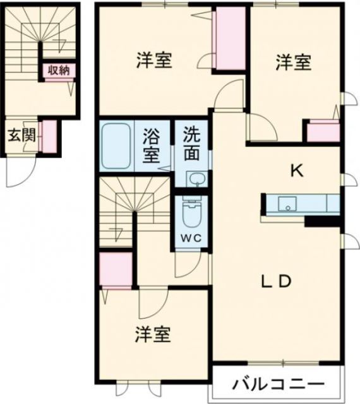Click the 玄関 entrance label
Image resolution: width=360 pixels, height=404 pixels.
(20, 135)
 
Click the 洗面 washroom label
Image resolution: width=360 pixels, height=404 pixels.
(193, 143)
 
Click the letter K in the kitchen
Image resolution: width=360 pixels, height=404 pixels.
(296, 170)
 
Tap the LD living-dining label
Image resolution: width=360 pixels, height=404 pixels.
(275, 280)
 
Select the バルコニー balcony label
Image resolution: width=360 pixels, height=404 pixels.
(278, 383)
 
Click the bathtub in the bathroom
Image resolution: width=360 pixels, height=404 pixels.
(116, 146)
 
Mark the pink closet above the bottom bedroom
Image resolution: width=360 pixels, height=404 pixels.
(116, 269)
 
